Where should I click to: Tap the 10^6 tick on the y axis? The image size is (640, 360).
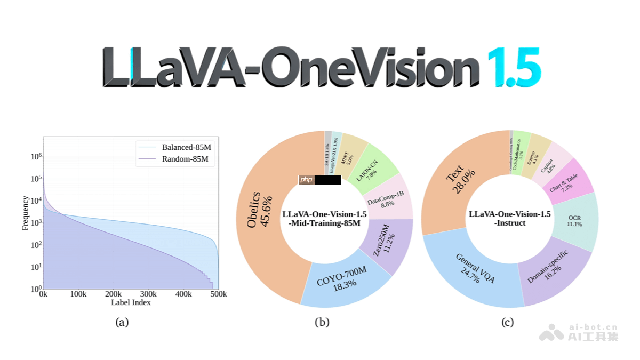34,156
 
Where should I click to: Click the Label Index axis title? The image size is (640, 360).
131,302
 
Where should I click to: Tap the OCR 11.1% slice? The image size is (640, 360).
574,221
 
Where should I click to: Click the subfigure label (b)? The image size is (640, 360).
322,322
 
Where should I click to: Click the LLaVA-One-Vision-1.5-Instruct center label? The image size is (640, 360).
509,218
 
